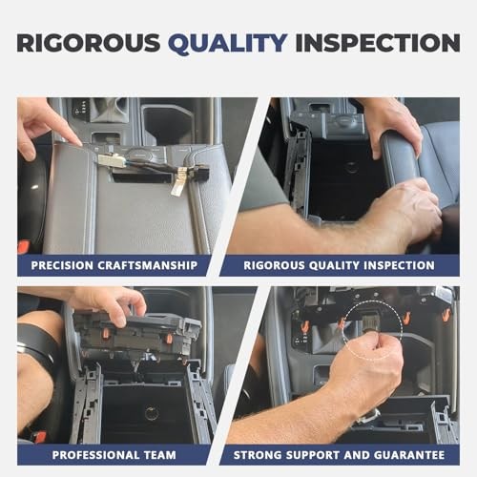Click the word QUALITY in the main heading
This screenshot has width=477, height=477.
coord(228,43)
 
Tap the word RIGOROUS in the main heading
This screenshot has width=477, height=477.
coord(89,43)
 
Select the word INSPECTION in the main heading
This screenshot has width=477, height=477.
coord(378,43)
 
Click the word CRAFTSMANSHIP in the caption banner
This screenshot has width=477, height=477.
coord(147,265)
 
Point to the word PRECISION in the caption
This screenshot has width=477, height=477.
coord(62,265)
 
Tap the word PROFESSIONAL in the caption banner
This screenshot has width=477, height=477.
coord(95,455)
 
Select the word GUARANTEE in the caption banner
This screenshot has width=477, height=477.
coord(409,455)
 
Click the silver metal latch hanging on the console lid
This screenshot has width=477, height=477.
coord(176,182)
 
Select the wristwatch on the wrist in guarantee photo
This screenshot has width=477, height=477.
coord(369,415)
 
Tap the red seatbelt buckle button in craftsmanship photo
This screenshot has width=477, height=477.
coord(24,247)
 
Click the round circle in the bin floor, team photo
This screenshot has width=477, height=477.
coord(152,413)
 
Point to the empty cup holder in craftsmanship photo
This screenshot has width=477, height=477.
coord(165,121)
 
